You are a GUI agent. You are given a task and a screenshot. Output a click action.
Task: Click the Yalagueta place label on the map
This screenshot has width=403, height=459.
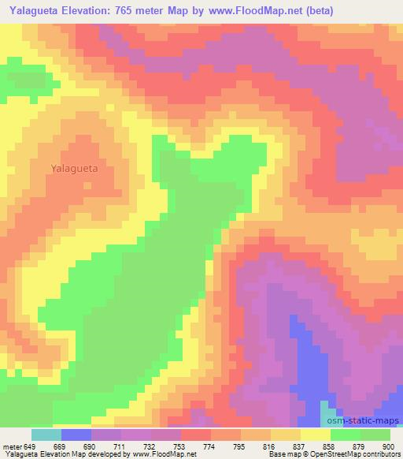74,168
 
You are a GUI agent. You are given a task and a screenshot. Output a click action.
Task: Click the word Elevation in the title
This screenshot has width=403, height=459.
96,11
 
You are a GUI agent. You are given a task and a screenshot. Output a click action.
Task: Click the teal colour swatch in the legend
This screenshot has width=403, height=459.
46,435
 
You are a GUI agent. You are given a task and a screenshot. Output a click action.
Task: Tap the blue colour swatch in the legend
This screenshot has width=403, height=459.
76,435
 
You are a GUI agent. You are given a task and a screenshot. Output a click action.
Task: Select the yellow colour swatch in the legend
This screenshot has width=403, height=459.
316,435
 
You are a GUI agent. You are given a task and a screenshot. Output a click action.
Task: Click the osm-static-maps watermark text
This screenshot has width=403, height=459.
364,420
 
